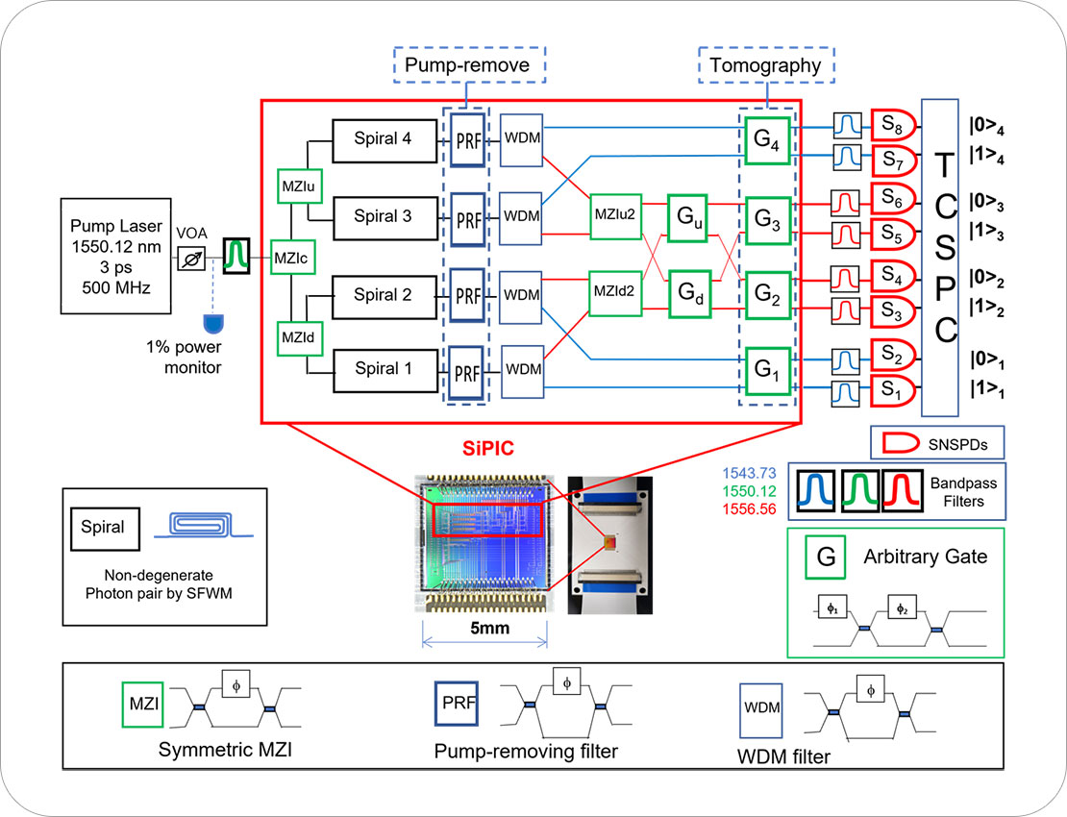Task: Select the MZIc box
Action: click(x=292, y=258)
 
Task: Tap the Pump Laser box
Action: click(x=115, y=256)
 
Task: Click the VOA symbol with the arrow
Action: click(x=192, y=259)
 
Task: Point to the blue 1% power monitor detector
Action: click(x=213, y=323)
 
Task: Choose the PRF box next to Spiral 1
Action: click(x=467, y=374)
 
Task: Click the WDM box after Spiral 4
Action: click(x=521, y=140)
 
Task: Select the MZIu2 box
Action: click(x=616, y=216)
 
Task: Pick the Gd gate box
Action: click(x=690, y=294)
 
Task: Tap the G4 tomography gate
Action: click(x=767, y=141)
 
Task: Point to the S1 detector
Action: click(x=893, y=390)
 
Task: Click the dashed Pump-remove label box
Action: click(x=469, y=65)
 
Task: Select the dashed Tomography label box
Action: click(x=766, y=65)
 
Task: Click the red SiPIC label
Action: click(x=488, y=448)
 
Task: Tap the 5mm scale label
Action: click(x=490, y=628)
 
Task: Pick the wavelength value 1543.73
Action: click(x=749, y=474)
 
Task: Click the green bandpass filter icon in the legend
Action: click(x=860, y=490)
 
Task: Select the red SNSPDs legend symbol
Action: click(x=901, y=443)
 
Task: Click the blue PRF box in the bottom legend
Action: click(x=457, y=704)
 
